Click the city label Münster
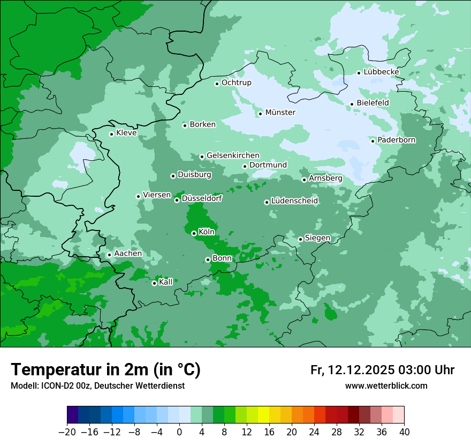tap(280, 113)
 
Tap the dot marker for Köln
tap(194, 233)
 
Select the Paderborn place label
tap(396, 140)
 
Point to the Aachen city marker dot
tap(109, 255)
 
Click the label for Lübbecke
tap(381, 72)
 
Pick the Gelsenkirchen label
tap(233, 155)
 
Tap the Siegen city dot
tap(300, 239)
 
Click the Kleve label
tap(126, 133)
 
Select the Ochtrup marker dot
tap(217, 84)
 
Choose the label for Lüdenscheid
tap(294, 201)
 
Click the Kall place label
tap(166, 282)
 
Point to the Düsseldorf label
tap(202, 198)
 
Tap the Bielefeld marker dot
tap(352, 104)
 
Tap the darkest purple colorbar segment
tap(72, 415)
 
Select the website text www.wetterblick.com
tap(386, 385)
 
